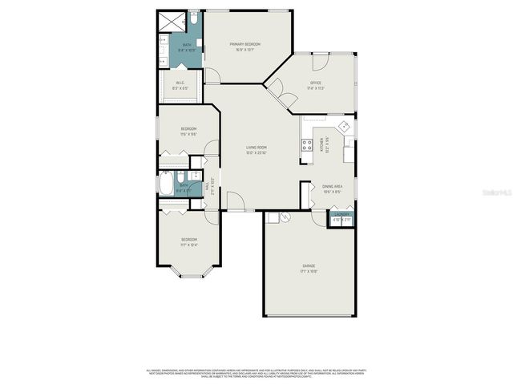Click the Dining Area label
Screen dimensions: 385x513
coord(333,188)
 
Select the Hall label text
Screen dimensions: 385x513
coord(207,188)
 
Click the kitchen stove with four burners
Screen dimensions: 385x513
coord(306,145)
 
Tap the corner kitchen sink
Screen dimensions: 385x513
coord(345,126)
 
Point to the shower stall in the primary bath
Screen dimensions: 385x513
coord(170,20)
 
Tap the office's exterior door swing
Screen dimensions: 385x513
coord(321,62)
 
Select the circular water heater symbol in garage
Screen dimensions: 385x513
coord(286,217)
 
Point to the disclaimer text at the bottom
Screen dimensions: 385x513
coord(256,373)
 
